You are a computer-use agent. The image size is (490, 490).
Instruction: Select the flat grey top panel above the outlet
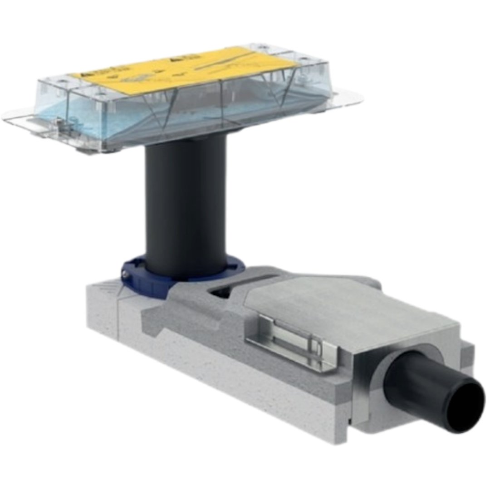pyautogui.click(x=345, y=309)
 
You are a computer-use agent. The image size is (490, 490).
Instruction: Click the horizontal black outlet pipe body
pyautogui.click(x=417, y=386)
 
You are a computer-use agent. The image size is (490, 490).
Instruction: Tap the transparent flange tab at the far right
pyautogui.click(x=349, y=98)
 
